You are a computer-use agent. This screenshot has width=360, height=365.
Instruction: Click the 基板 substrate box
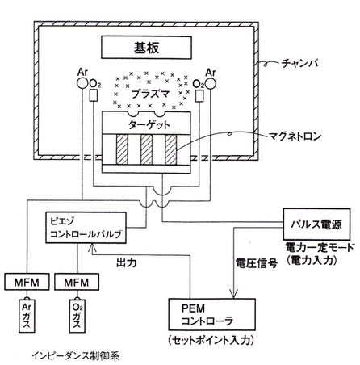pos(146,48)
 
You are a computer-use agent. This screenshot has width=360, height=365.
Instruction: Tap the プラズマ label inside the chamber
pos(151,94)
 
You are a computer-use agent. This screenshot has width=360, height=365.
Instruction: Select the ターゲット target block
pos(147,124)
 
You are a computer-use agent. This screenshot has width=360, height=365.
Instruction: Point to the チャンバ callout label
pos(300,64)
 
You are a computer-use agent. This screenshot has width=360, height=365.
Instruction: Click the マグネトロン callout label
pos(295,136)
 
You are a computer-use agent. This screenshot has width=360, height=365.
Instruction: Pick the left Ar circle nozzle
pos(82,83)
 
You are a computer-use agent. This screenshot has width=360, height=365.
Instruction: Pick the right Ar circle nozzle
pos(210,83)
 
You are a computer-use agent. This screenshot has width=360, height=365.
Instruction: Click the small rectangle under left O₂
pos(93,95)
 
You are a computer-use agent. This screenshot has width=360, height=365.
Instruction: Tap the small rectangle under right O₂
pos(199,95)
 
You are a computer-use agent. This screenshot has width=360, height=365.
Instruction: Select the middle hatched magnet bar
pos(147,149)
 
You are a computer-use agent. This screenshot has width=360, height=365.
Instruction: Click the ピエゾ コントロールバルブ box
pos(86,228)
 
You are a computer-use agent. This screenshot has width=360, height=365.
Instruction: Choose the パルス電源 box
pos(316,224)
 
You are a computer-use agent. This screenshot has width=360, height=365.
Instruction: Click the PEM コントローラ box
pos(211,314)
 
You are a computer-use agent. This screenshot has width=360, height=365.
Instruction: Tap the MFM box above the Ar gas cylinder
pos(27,282)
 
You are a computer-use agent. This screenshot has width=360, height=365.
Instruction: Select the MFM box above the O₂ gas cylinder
pos(77,282)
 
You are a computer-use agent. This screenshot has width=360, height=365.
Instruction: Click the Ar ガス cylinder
pos(27,315)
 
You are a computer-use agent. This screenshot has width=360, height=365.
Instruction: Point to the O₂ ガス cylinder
pos(77,315)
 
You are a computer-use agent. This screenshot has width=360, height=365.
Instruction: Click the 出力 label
pos(127,262)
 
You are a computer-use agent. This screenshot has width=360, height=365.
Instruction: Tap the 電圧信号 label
pos(257,263)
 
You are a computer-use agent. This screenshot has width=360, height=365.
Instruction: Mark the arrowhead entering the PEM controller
pos(233,293)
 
